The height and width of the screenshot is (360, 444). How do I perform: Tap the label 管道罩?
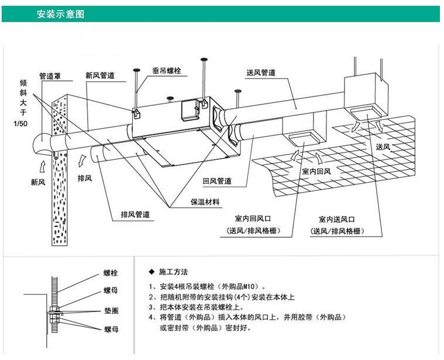pos(50,76)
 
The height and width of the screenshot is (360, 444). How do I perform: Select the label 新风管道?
pos(99,76)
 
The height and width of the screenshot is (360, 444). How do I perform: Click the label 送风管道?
pos(261,73)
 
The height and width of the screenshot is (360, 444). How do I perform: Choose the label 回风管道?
pos(216,181)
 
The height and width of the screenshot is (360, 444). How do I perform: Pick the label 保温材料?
pos(205,202)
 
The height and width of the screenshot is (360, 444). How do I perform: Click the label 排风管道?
pos(135,214)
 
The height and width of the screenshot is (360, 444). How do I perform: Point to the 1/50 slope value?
pos(20,124)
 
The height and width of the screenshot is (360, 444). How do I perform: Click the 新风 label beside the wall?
pos(38,181)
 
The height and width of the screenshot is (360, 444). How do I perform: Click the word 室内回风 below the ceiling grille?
pos(318,172)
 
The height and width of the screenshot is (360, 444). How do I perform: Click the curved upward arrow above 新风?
pos(40,160)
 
